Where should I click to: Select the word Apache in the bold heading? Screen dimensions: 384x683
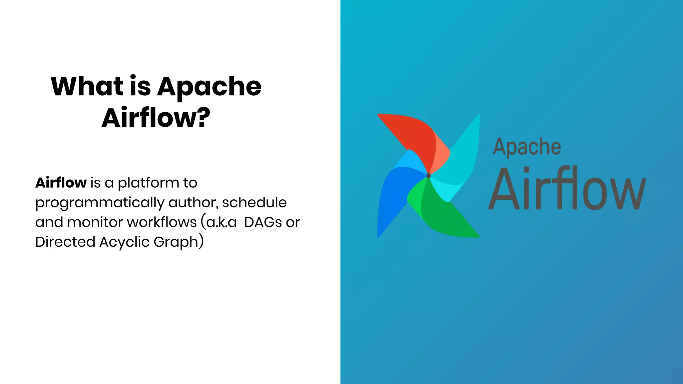point(209,87)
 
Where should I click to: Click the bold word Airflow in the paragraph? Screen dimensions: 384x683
point(61,183)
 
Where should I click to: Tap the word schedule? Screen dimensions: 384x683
point(254,202)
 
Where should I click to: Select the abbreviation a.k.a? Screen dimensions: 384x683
point(221,222)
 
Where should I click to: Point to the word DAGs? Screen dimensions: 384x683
point(263,222)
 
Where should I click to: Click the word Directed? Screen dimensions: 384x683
point(65,242)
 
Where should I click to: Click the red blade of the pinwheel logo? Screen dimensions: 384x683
point(414,133)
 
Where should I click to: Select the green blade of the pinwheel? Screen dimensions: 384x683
point(444,217)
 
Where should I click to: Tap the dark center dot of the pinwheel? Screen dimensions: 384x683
point(429,176)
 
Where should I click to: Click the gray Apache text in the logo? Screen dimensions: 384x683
point(527,147)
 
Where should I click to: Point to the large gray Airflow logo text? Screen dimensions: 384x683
point(567,189)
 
